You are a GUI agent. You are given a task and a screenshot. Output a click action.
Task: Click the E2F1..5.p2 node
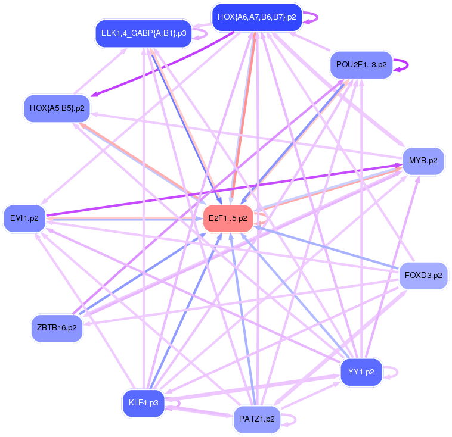click(x=229, y=218)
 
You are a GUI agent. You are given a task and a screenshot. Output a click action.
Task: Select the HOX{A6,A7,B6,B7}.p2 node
click(x=257, y=17)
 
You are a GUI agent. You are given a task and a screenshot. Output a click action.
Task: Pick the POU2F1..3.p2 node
click(x=361, y=64)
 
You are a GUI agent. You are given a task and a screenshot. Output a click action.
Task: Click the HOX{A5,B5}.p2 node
click(x=57, y=108)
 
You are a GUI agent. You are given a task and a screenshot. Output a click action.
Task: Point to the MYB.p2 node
click(x=423, y=161)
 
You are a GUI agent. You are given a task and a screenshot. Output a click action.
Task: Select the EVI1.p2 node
click(x=24, y=218)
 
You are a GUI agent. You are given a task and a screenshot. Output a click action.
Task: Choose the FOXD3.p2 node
click(x=423, y=275)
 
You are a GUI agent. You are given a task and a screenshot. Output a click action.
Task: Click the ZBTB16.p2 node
click(x=57, y=328)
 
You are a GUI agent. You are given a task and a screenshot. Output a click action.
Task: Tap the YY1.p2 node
click(x=361, y=372)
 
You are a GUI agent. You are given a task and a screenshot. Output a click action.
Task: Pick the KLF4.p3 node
click(x=143, y=403)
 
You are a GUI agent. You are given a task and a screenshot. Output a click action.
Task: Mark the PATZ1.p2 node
click(x=257, y=419)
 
